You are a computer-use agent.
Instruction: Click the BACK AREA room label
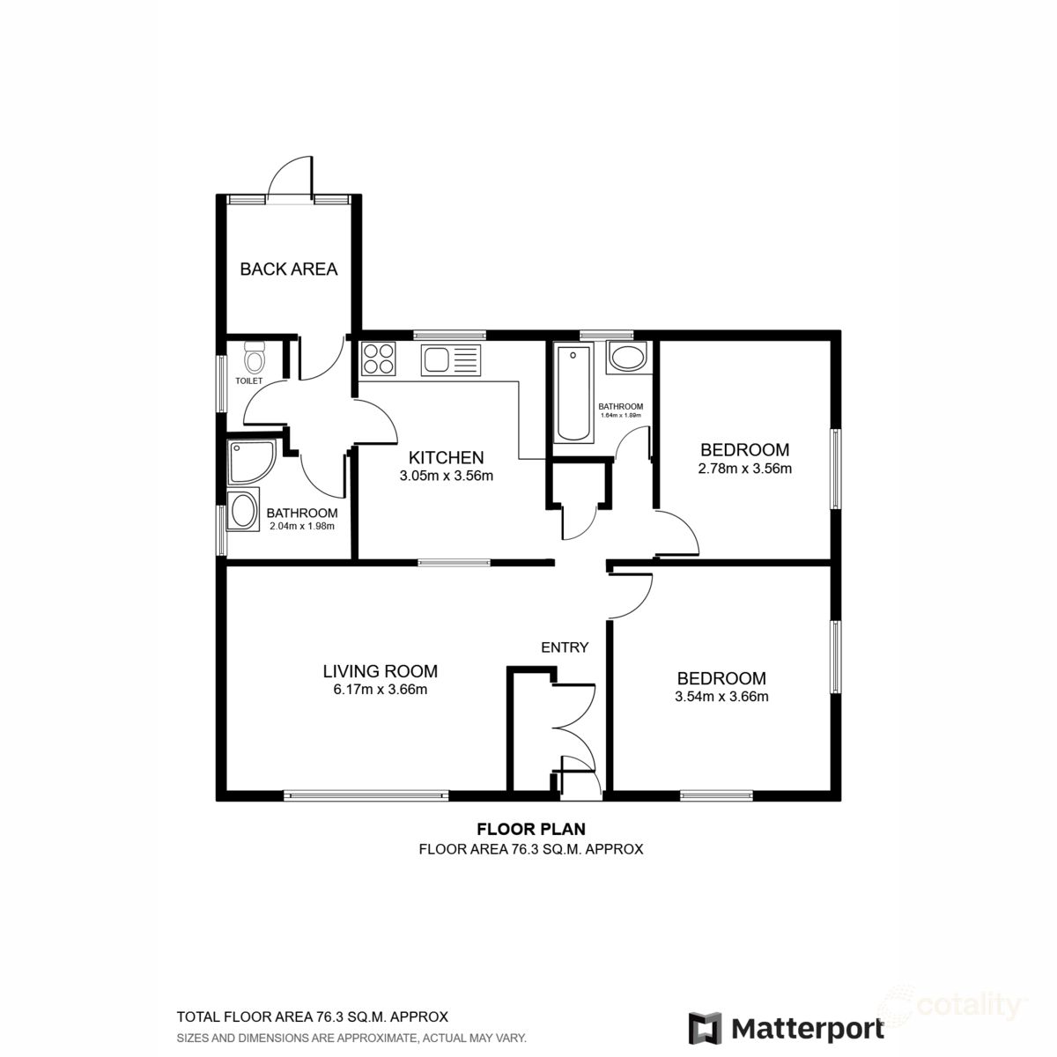pos(289,269)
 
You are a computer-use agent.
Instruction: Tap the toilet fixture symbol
pos(255,358)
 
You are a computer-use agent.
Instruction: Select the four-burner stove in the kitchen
pos(380,358)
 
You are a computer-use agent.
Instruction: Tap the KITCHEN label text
pos(446,458)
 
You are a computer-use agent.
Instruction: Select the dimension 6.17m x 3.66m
pos(381,690)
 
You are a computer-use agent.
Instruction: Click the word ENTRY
pos(565,647)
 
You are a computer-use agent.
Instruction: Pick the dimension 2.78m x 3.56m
pos(744,469)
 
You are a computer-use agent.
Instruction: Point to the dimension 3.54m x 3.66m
pos(721,698)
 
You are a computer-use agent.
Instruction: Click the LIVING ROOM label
pos(381,671)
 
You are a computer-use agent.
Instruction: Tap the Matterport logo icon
pos(705,1028)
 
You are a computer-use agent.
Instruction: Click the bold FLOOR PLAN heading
pos(531,829)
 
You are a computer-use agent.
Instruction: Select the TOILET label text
pos(249,381)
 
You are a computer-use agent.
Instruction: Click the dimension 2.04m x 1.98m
pos(302,527)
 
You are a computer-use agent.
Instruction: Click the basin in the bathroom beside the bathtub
pos(626,358)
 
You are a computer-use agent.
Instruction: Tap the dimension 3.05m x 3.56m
pos(446,477)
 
